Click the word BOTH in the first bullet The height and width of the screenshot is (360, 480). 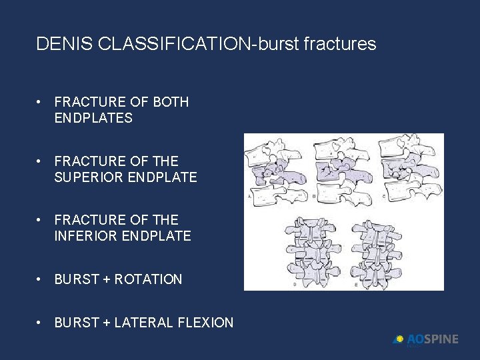pyautogui.click(x=171, y=102)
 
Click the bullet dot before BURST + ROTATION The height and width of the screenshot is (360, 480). pyautogui.click(x=41, y=280)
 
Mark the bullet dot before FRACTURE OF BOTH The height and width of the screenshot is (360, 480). pyautogui.click(x=41, y=102)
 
